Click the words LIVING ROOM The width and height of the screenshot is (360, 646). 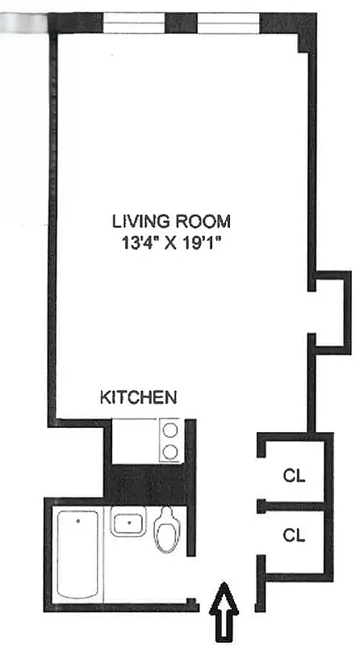(x=171, y=220)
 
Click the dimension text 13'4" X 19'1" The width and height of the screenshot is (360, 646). (x=171, y=240)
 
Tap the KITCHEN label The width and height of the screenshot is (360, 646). (x=138, y=397)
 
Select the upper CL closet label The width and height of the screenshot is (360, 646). (x=294, y=475)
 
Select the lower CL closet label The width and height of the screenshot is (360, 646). (x=294, y=534)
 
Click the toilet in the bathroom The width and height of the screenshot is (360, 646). (x=168, y=531)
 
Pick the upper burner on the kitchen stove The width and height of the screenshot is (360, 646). (x=170, y=431)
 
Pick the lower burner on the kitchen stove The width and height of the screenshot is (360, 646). (x=170, y=451)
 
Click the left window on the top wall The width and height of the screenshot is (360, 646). (x=134, y=23)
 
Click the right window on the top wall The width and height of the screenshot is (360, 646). (x=228, y=23)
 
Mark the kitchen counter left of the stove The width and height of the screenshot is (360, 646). (x=135, y=441)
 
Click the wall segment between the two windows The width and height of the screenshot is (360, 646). (x=182, y=23)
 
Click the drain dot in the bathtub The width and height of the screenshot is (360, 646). (x=77, y=522)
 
